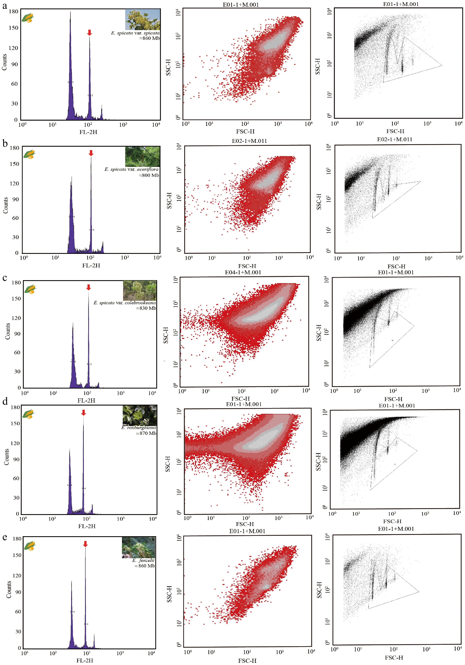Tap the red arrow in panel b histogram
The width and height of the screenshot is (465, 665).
point(91,153)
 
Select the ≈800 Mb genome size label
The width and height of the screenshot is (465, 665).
point(149,175)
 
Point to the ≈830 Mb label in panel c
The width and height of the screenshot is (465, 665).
point(146,308)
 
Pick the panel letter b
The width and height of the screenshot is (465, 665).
point(5,143)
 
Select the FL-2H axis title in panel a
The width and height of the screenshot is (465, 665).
point(88,132)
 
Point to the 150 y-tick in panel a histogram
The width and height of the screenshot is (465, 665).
point(14,28)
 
